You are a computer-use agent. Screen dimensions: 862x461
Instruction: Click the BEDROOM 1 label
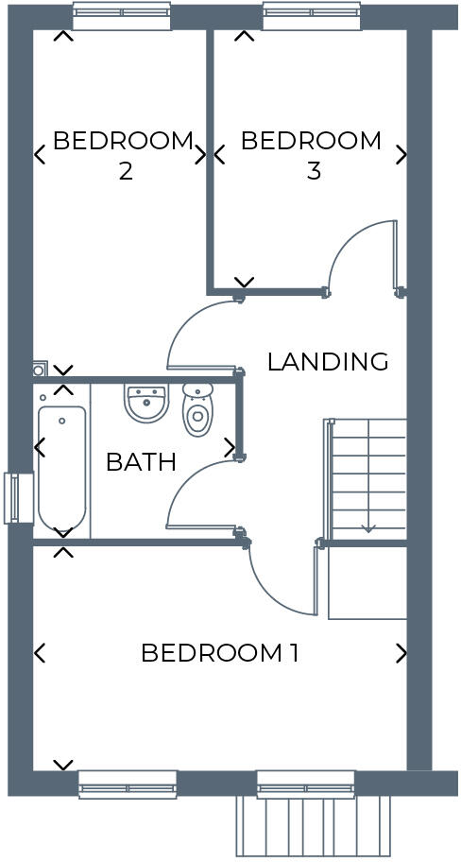coord(219,653)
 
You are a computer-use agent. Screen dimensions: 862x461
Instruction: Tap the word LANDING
coord(328,361)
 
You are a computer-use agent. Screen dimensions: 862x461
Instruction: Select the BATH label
coord(141,462)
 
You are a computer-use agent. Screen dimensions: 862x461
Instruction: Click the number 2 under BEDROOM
coord(125,172)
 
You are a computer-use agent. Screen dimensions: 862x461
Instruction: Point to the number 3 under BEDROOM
coord(314,172)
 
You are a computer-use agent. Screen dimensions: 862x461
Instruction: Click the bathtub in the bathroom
coord(62,468)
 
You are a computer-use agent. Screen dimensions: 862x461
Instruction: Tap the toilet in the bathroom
coord(197,410)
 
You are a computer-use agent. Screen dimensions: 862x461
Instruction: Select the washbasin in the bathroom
coord(145,404)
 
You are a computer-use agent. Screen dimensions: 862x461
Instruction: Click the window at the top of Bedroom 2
coord(122,16)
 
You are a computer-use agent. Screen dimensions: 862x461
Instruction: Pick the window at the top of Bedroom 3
coord(312,16)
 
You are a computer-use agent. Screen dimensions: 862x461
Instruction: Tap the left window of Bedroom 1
coord(128,784)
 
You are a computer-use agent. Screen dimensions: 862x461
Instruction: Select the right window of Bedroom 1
coord(305,784)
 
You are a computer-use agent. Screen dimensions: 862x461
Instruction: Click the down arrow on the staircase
coord(368,527)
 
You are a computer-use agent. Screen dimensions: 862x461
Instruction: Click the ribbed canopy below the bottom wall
coord(313,825)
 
